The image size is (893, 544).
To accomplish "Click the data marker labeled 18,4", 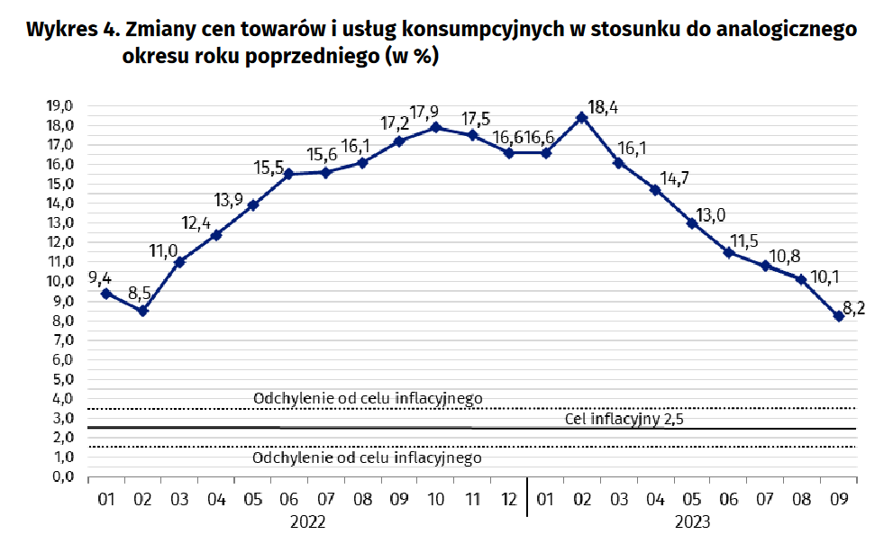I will point(582,117).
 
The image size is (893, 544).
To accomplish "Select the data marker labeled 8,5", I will point(142,311).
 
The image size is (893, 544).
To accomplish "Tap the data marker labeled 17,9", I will point(436,127).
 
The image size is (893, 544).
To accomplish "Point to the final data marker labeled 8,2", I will point(839,316).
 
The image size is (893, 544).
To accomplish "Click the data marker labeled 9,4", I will point(106,294).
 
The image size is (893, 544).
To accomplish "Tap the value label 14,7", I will point(671,177).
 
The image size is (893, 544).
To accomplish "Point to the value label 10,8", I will point(780,255).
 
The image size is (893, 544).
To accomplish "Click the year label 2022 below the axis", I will point(307,521).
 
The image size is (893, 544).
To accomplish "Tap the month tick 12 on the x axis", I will point(509,498).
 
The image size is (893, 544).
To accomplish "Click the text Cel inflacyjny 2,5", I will point(622,419).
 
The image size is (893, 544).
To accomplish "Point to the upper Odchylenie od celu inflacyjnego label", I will point(369,398).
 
